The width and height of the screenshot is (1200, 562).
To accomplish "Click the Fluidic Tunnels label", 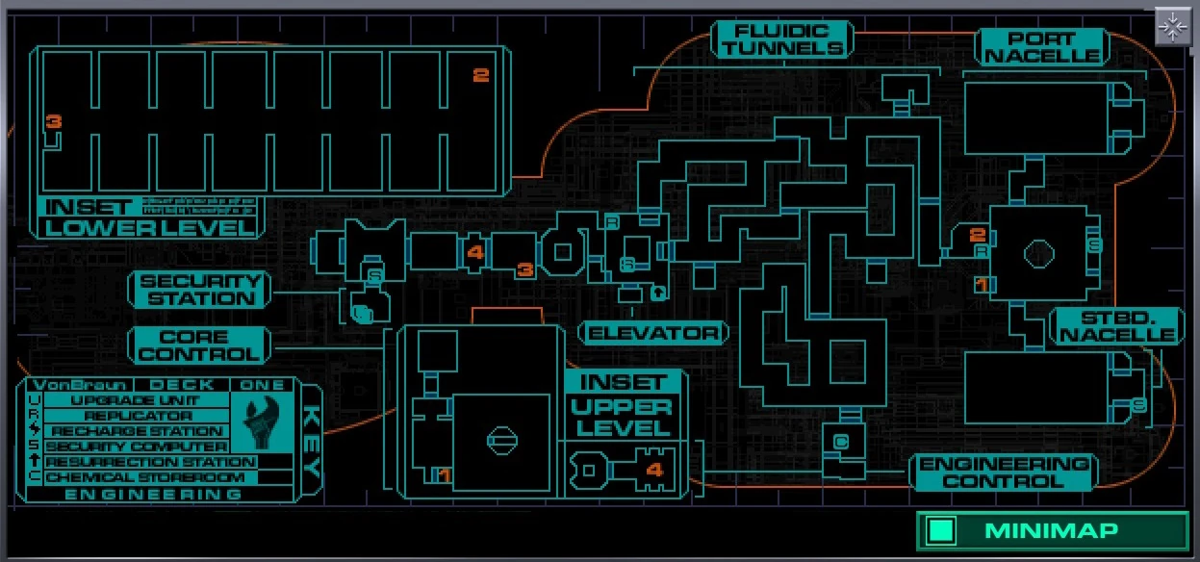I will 782,38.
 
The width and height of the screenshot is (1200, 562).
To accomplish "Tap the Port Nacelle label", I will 1028,46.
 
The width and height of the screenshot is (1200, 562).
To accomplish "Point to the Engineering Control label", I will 1004,472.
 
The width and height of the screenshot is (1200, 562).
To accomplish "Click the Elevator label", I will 653,333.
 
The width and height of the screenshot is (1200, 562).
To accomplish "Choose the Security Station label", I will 199,289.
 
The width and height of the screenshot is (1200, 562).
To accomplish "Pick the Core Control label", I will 199,345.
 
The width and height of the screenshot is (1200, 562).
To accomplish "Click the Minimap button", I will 1052,530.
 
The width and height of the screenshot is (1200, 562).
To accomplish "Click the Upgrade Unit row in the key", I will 135,400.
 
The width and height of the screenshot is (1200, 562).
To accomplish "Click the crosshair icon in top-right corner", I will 1172,27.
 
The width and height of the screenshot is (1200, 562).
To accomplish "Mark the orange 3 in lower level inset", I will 54,122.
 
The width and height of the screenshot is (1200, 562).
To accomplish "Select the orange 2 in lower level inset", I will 481,75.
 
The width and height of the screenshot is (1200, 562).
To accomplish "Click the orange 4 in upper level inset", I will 654,471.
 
